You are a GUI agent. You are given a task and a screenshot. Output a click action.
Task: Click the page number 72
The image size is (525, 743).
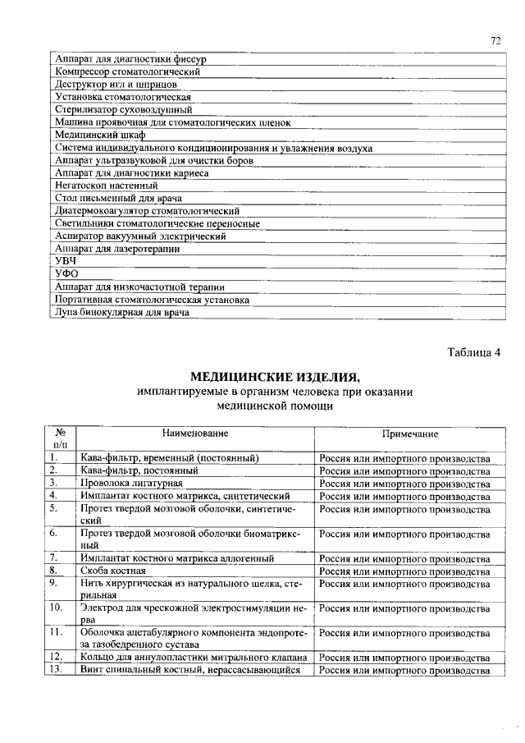pyautogui.click(x=495, y=40)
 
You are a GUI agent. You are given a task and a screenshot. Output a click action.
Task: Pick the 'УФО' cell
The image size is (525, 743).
pyautogui.click(x=66, y=273)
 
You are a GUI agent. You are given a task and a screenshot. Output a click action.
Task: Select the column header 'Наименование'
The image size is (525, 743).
pyautogui.click(x=194, y=433)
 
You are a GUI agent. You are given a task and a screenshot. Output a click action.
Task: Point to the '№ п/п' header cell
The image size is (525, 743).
pyautogui.click(x=60, y=438)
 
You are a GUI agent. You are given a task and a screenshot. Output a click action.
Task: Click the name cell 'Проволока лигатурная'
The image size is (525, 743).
pyautogui.click(x=131, y=484)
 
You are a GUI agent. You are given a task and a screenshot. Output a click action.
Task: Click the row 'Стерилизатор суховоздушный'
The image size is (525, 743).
pyautogui.click(x=123, y=109)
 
